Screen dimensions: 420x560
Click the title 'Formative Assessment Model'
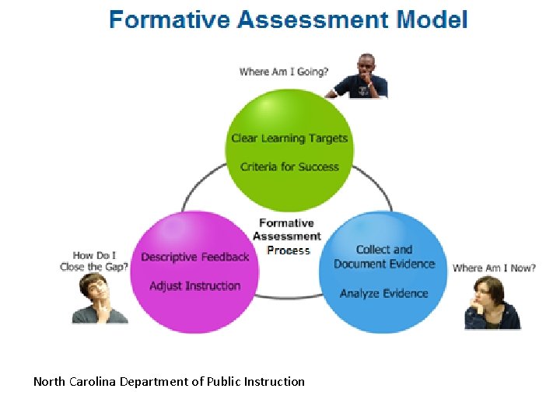(x=289, y=19)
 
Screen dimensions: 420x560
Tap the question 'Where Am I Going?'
(x=284, y=72)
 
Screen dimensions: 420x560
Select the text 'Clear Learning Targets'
(x=289, y=138)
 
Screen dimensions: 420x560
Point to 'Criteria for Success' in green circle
(x=289, y=166)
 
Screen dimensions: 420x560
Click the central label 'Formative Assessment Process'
(x=287, y=236)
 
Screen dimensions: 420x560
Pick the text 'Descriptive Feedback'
(x=195, y=257)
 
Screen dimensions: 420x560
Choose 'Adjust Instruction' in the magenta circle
(x=195, y=285)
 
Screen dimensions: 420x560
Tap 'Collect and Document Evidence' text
(x=384, y=257)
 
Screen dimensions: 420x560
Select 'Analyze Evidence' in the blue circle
(x=384, y=293)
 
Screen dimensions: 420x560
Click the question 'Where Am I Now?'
(x=494, y=268)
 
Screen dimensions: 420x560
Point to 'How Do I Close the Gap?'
(x=94, y=261)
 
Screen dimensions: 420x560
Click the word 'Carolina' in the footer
(x=95, y=381)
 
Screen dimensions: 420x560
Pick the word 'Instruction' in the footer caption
(x=274, y=381)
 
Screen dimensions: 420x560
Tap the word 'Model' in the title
(x=432, y=19)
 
